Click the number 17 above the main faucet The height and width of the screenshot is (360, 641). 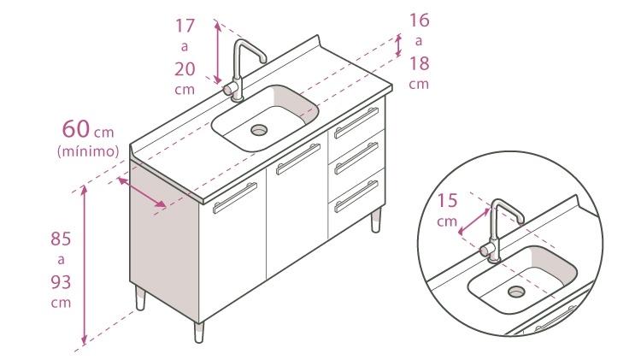click(185, 26)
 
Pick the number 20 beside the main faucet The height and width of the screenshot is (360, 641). click(185, 68)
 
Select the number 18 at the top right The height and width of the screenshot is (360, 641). click(419, 62)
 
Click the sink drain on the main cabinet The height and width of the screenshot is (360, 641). click(259, 130)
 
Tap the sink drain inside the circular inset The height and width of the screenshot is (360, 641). click(515, 291)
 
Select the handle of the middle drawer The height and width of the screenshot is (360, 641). click(357, 159)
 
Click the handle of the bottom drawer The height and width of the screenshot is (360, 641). click(357, 196)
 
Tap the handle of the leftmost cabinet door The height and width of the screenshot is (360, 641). click(234, 198)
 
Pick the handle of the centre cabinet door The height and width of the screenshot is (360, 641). click(298, 160)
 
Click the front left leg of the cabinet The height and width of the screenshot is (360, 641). click(199, 330)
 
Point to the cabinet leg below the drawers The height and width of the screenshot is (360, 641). click(374, 221)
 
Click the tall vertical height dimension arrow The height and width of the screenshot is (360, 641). click(84, 265)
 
